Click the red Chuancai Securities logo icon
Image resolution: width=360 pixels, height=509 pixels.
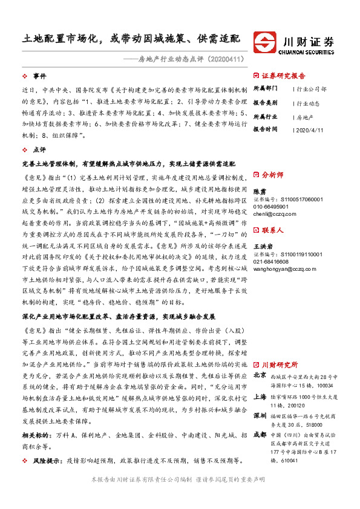[266, 43]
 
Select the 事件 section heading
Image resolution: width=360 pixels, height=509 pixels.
[39, 76]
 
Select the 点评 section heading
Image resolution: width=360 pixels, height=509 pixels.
[39, 149]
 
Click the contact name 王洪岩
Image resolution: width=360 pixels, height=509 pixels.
[262, 246]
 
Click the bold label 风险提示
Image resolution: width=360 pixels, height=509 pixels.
[44, 460]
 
